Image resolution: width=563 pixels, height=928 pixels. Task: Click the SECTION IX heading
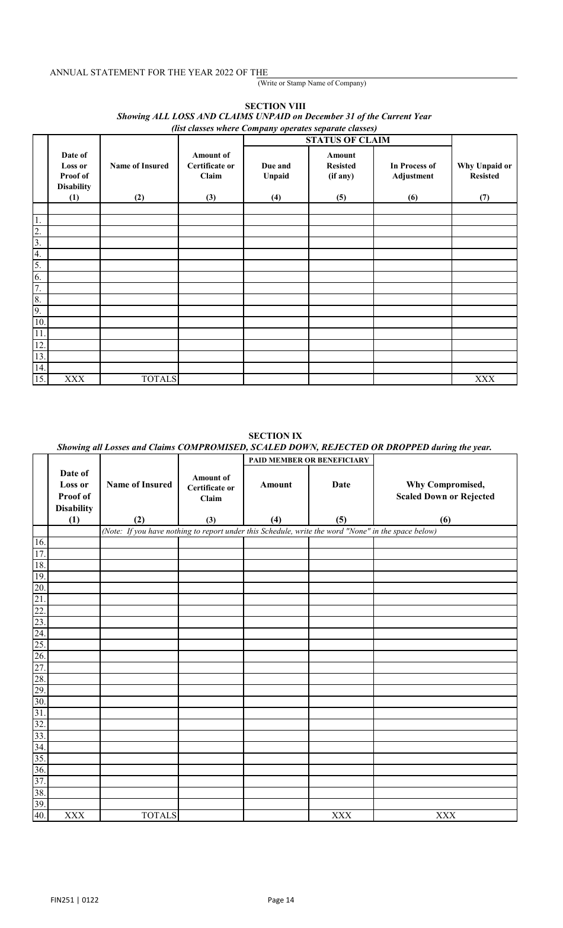[x=275, y=436]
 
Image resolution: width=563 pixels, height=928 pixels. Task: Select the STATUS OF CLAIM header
[x=347, y=141]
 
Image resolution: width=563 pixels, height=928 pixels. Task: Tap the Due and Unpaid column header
[x=276, y=171]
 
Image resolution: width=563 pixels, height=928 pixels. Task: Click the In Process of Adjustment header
[x=412, y=171]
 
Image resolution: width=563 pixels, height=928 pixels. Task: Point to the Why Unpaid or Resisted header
[x=484, y=171]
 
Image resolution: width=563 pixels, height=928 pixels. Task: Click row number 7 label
[x=37, y=288]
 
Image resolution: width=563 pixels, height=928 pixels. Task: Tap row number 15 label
[x=40, y=380]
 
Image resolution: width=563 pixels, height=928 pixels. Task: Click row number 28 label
[x=40, y=679]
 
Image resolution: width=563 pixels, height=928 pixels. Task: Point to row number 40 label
[x=40, y=815]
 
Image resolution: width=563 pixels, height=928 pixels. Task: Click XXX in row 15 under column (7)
[x=484, y=380]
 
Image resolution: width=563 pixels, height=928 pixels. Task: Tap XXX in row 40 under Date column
[x=341, y=815]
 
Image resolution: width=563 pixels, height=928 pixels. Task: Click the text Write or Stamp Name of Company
[x=312, y=83]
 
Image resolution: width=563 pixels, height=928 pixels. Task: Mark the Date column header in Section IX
[x=341, y=484]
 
